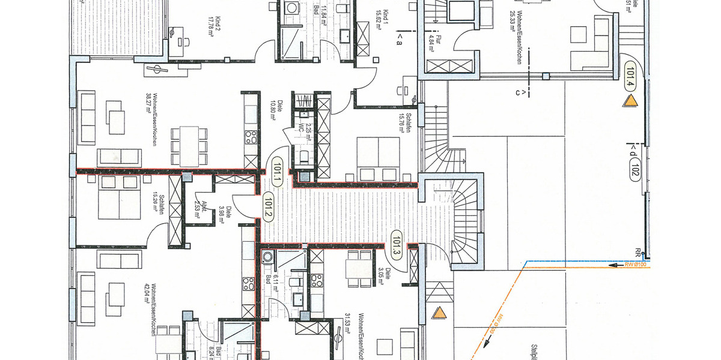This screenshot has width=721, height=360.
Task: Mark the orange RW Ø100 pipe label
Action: [x=635, y=264]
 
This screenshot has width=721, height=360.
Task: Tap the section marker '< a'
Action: [x=400, y=40]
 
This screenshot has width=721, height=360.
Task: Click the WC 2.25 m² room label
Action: [x=306, y=128]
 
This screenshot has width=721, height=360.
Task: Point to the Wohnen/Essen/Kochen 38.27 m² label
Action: [x=151, y=120]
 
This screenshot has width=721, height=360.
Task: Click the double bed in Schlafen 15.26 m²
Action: [x=119, y=198]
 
